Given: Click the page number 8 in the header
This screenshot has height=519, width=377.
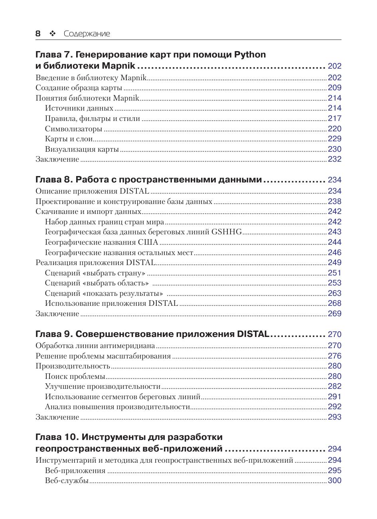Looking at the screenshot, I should point(38,34).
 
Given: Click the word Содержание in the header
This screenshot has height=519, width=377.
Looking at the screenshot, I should point(87,34).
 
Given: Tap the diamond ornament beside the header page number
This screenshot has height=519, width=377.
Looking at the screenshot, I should point(52,34).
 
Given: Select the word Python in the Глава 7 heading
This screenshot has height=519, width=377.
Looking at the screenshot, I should point(250,54).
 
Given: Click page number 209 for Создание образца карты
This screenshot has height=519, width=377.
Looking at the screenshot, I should point(334,88).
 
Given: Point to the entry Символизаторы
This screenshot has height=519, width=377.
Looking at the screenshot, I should point(73,129).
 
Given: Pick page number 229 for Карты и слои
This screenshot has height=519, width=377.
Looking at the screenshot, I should point(334,139).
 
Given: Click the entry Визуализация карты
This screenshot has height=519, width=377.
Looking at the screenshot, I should point(82,149).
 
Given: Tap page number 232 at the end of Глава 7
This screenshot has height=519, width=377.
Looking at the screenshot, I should point(334,159).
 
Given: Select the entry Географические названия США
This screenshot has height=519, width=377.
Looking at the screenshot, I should point(101,242).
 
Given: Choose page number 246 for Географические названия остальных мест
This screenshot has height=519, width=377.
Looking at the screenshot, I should point(334,252).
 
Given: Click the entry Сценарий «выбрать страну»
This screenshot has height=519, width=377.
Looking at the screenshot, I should point(95,273).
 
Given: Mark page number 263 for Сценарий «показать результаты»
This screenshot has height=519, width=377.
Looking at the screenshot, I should point(334,293).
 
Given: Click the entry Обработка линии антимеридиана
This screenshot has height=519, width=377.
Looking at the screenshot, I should point(95,346).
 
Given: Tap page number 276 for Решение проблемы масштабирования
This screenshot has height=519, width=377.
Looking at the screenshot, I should point(334,356).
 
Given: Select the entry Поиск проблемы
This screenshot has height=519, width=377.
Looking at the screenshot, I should point(75,376).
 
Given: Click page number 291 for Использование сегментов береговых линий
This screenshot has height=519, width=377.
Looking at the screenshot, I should point(334,397).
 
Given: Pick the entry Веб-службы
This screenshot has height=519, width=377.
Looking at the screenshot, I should point(67,481).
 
